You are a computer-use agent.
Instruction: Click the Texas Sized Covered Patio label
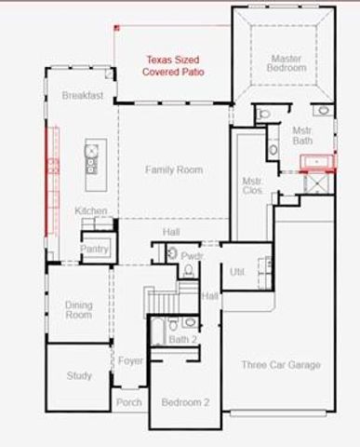click(x=174, y=65)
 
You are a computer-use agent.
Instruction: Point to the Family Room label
click(x=173, y=169)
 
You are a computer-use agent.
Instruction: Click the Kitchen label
click(x=91, y=211)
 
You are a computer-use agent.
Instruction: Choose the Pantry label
click(x=94, y=249)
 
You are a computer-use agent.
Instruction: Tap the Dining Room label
click(x=78, y=309)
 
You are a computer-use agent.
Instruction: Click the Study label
click(x=78, y=376)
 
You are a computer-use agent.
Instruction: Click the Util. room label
click(x=237, y=271)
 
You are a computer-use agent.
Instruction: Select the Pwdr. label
click(x=193, y=254)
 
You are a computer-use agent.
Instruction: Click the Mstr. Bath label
click(x=301, y=136)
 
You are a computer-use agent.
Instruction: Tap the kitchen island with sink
click(x=94, y=158)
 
